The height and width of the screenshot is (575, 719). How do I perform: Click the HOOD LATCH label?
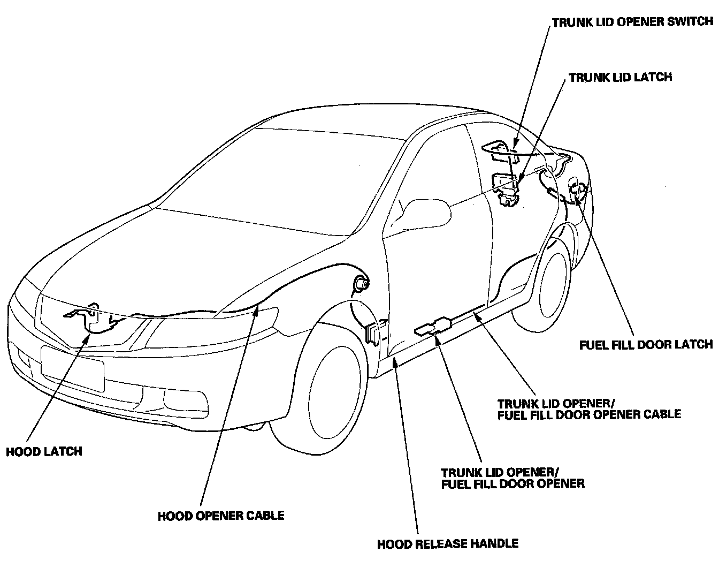pos(44,451)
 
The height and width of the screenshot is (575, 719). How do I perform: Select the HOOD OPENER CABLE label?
pos(221,516)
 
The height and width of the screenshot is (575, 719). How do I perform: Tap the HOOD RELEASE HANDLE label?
pos(448,544)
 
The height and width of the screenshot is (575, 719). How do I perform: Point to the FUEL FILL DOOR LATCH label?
pos(646,344)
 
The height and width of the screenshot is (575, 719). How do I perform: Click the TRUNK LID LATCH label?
pos(620,77)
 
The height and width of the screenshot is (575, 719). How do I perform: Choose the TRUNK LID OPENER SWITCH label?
pos(632,22)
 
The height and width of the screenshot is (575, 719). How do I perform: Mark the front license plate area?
pos(72,368)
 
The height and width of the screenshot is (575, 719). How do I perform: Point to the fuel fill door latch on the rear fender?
pos(576,190)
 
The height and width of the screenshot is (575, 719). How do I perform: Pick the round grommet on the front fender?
pos(359,284)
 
